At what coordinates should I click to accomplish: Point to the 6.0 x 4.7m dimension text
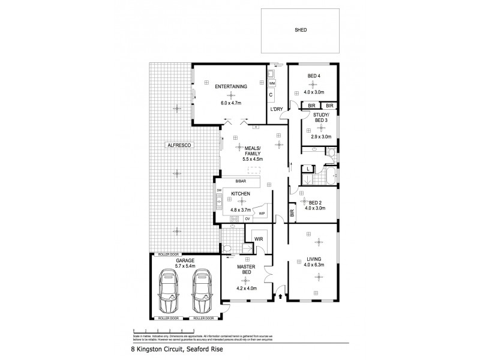(231, 103)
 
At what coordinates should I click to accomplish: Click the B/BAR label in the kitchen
(241, 181)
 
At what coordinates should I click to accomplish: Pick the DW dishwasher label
(219, 190)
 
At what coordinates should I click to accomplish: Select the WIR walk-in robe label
(259, 239)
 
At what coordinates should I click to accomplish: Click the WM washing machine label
(272, 83)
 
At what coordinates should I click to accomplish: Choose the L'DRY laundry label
(277, 109)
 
